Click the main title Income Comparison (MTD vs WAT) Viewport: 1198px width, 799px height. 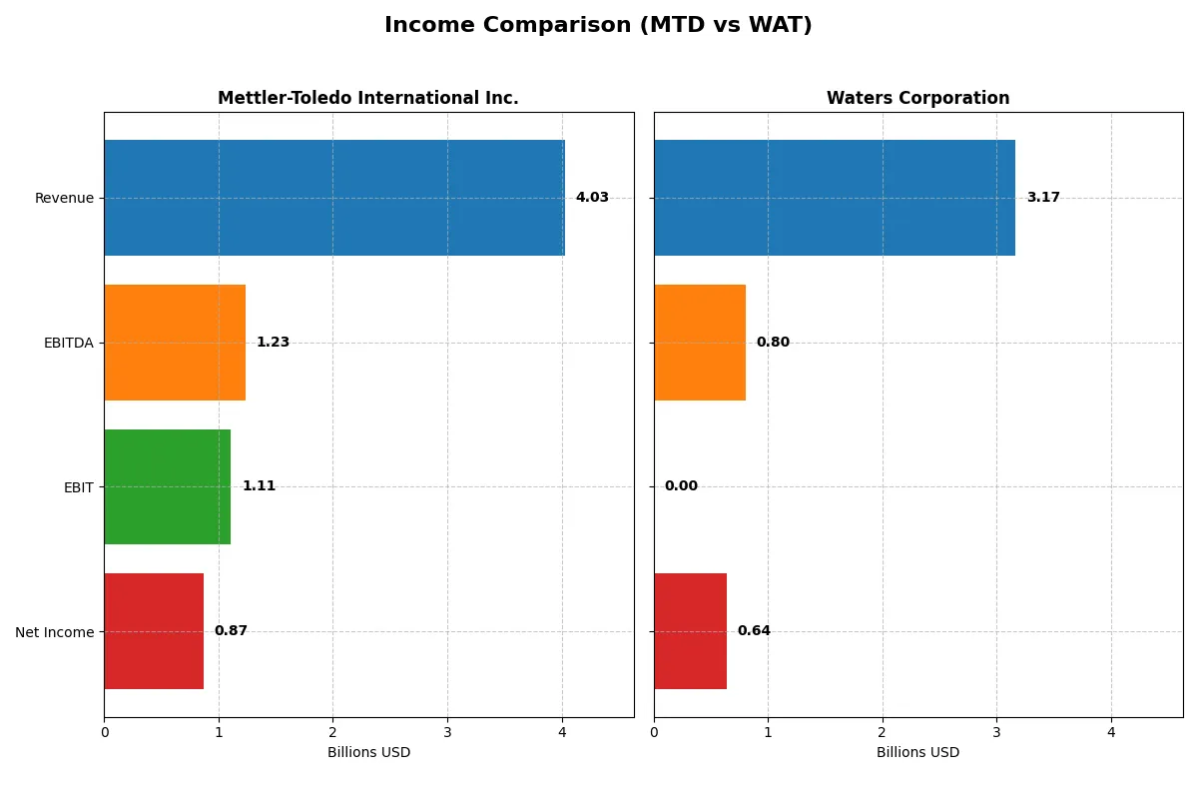coord(598,26)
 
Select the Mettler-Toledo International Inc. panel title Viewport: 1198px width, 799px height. coord(368,98)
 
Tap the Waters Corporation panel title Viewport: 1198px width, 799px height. coord(917,98)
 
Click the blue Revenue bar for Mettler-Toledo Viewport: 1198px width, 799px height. coord(334,198)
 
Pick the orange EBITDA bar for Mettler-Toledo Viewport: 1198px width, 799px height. coord(175,343)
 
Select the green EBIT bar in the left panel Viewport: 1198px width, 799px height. coord(168,486)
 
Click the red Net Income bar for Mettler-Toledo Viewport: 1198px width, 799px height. coord(154,631)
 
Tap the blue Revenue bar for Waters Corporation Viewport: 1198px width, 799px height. coord(835,198)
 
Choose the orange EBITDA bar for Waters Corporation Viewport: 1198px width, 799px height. coord(700,343)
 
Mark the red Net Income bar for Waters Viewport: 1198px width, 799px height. coord(690,631)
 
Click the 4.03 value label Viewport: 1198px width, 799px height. coord(592,198)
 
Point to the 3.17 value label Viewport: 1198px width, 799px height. coord(1043,198)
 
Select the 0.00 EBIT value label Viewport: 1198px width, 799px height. coord(681,486)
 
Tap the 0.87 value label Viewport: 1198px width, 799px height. coord(231,631)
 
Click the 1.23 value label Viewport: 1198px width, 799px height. coord(273,343)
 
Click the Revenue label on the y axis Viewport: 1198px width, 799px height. coord(64,198)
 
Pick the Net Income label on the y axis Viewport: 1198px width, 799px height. coord(54,632)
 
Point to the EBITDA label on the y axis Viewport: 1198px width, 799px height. coord(68,343)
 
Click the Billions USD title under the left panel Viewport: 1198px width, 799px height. coord(368,753)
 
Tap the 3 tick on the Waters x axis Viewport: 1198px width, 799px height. coord(996,732)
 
